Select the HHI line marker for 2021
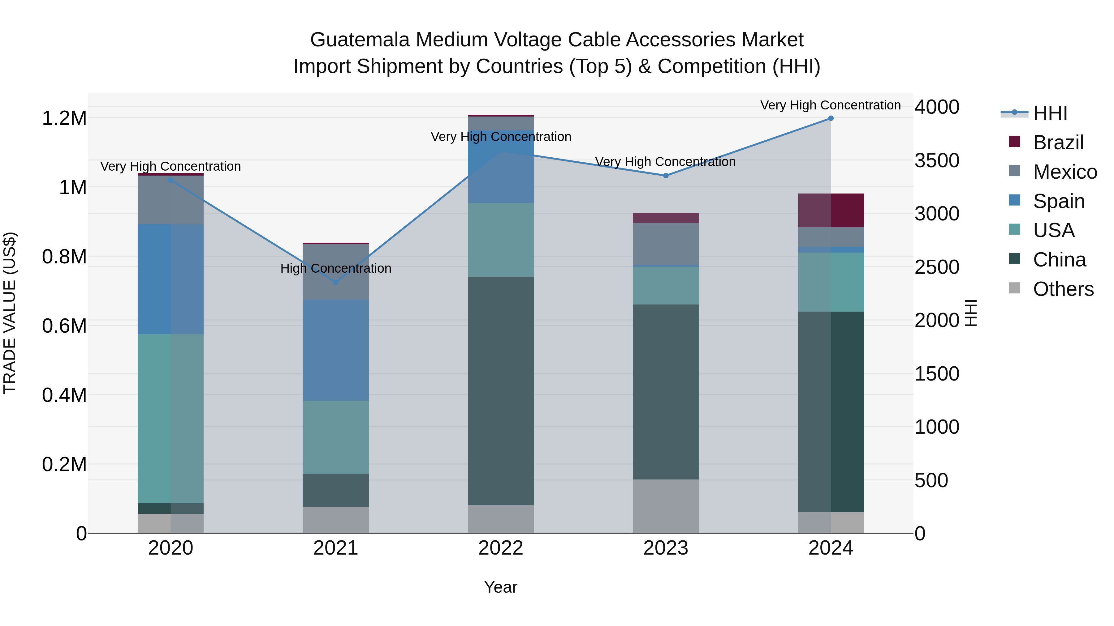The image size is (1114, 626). tap(335, 282)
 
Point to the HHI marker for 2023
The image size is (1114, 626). tap(666, 175)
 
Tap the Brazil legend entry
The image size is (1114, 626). tap(1057, 143)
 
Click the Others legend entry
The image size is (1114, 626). tap(1063, 289)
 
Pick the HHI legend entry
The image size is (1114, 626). tap(1050, 113)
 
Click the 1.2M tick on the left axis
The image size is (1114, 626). tap(64, 118)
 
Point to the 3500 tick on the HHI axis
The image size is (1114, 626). tap(937, 160)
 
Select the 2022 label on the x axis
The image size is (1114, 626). tap(500, 548)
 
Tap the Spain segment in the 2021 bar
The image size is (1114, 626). tap(335, 350)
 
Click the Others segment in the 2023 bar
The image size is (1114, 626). tap(666, 506)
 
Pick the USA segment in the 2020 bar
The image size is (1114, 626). tap(171, 418)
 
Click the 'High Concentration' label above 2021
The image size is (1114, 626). tap(335, 268)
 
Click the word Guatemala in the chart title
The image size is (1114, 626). tap(360, 40)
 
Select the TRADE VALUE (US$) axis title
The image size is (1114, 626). tap(10, 313)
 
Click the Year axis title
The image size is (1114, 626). tap(500, 587)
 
